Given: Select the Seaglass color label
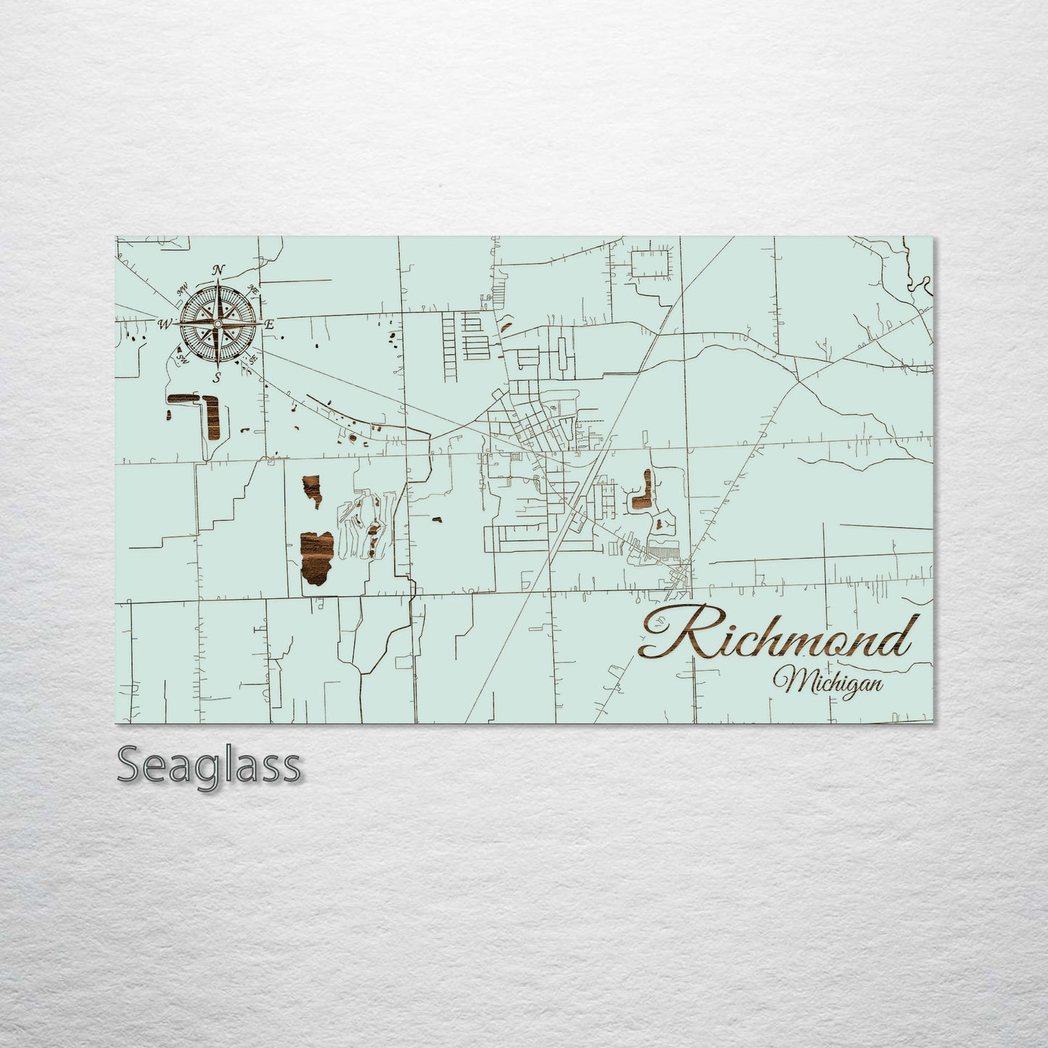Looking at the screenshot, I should pos(208,764).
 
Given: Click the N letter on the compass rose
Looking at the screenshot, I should pos(218,271).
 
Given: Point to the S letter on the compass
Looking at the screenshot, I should pos(217,376).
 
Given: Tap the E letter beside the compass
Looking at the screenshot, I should pos(268,324).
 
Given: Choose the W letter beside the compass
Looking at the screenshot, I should pos(166,323).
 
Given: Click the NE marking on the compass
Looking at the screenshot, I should pos(253,289).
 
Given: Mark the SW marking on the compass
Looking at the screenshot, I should pos(181,358).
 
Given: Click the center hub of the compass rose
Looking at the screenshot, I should pos(217,323).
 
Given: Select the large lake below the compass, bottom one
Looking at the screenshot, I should pos(317,557).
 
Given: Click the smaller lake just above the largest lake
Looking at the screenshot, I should pos(313,492).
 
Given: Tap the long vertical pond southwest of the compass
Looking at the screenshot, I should pos(214,424).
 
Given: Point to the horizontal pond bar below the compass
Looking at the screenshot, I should pos(183,398).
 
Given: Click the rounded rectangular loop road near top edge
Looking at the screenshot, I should pos(651,263).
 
